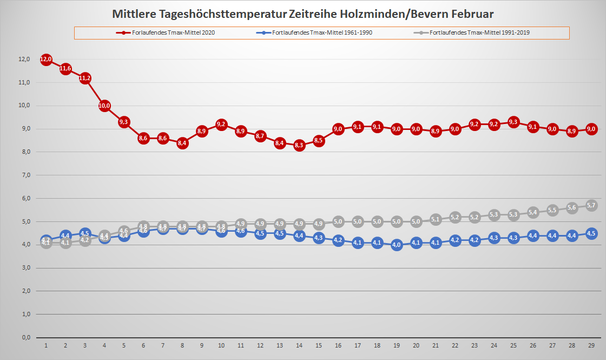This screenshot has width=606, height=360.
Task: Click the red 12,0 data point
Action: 46,60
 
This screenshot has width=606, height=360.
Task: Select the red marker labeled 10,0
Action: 104,106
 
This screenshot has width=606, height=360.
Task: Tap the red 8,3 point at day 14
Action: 299,145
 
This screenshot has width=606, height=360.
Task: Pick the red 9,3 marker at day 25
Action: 513,122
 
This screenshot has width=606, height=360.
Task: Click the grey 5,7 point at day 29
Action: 591,205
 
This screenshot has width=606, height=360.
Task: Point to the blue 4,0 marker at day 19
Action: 397,245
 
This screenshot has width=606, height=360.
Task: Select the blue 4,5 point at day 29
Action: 591,233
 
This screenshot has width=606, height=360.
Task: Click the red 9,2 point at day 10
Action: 221,125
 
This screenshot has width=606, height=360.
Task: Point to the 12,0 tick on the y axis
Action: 24,60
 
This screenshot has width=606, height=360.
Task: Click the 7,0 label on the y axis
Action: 24,175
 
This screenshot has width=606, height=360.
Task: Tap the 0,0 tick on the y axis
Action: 24,337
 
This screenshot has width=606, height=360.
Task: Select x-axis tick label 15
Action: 319,345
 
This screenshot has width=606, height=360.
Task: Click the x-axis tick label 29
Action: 591,345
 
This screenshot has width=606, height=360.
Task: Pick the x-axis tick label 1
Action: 46,345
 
